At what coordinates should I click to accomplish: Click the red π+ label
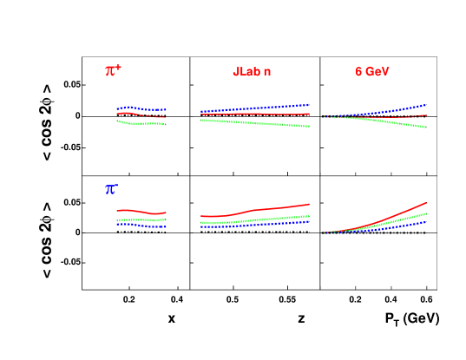click(x=113, y=71)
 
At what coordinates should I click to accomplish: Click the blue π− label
click(x=111, y=188)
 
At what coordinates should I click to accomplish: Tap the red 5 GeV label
click(x=371, y=71)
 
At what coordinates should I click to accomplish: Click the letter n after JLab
click(x=267, y=71)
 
